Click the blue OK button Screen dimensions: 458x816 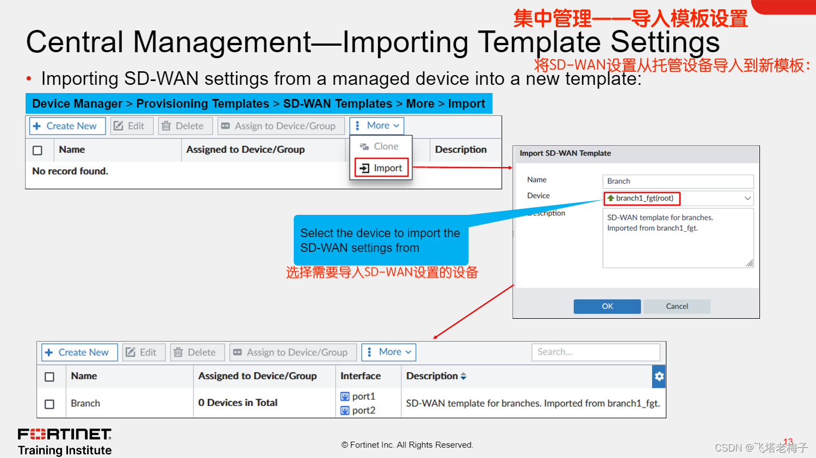pos(607,306)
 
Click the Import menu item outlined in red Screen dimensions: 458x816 pos(381,168)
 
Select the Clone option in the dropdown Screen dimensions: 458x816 pos(380,146)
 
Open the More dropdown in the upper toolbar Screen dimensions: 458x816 pos(377,126)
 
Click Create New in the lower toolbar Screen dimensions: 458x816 pos(79,352)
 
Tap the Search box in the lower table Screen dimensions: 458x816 pos(596,352)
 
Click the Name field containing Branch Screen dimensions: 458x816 pos(678,181)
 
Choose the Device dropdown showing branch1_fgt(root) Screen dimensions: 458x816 pos(678,198)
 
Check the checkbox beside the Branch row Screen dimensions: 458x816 pos(50,404)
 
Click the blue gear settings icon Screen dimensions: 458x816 pos(659,376)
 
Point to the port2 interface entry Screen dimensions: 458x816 pos(358,410)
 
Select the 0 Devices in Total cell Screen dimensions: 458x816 pos(238,403)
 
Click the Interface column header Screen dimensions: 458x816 pos(360,376)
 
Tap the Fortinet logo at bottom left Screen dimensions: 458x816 pos(65,434)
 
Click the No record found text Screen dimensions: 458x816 pos(70,171)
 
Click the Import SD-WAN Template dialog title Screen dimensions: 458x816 pos(565,153)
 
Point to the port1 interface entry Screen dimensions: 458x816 pos(358,397)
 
